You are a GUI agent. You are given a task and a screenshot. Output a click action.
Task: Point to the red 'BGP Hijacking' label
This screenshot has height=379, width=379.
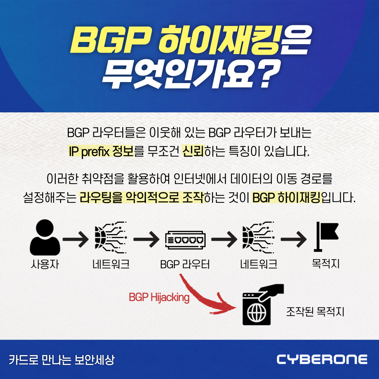[159, 298]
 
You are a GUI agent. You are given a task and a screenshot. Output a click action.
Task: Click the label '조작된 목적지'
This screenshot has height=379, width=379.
[315, 311]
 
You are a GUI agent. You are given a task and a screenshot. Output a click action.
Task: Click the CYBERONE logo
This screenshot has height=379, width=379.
[322, 359]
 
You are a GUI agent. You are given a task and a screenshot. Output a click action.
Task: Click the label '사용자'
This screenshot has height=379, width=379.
[45, 264]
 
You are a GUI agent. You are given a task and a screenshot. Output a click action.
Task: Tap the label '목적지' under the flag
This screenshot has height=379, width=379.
[325, 263]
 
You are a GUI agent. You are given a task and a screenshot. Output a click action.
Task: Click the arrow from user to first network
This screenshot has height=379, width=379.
[75, 240]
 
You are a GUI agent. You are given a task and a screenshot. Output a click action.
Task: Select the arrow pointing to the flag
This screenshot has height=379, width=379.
[294, 240]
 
